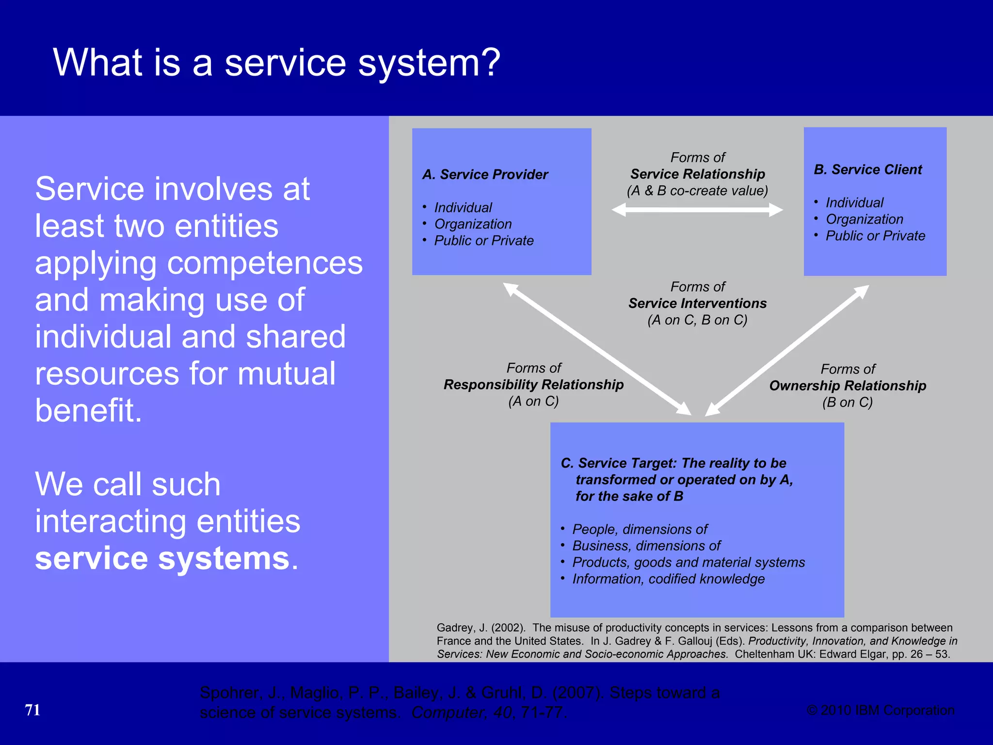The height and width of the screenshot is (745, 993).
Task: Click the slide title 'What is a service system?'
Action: tap(276, 63)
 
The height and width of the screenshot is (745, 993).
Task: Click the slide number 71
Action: tap(32, 710)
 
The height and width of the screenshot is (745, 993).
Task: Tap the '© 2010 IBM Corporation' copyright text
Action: tap(880, 710)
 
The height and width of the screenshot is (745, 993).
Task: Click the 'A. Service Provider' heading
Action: tap(485, 175)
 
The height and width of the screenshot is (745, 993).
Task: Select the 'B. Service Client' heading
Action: tap(868, 170)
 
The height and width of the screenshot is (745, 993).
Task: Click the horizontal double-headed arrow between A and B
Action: tap(697, 210)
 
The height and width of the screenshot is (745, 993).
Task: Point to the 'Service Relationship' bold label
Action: tap(697, 174)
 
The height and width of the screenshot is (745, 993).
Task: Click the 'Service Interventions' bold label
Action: tap(697, 304)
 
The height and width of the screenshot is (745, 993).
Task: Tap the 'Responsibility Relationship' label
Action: tap(533, 385)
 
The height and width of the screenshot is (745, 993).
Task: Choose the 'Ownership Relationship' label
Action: tap(848, 386)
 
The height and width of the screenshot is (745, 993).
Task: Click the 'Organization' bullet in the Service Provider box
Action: tap(473, 224)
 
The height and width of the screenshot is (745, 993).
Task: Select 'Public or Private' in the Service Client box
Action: tap(875, 236)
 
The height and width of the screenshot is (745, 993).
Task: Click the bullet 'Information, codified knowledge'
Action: tap(668, 579)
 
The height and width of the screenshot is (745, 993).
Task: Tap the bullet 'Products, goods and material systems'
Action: tap(689, 563)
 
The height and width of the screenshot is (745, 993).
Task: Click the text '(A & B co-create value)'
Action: tap(697, 191)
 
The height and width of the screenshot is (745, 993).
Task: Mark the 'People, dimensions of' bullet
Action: tap(640, 529)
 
